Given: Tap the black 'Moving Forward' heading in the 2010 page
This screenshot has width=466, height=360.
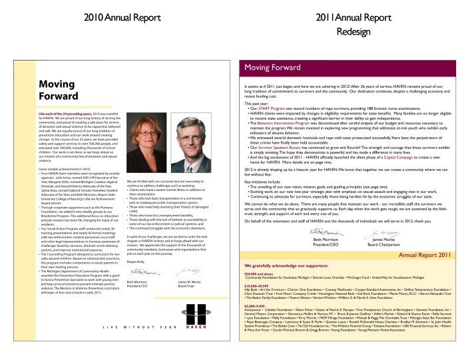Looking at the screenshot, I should [x=57, y=90].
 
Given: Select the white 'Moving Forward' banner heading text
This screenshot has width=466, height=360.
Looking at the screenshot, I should [x=273, y=68].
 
